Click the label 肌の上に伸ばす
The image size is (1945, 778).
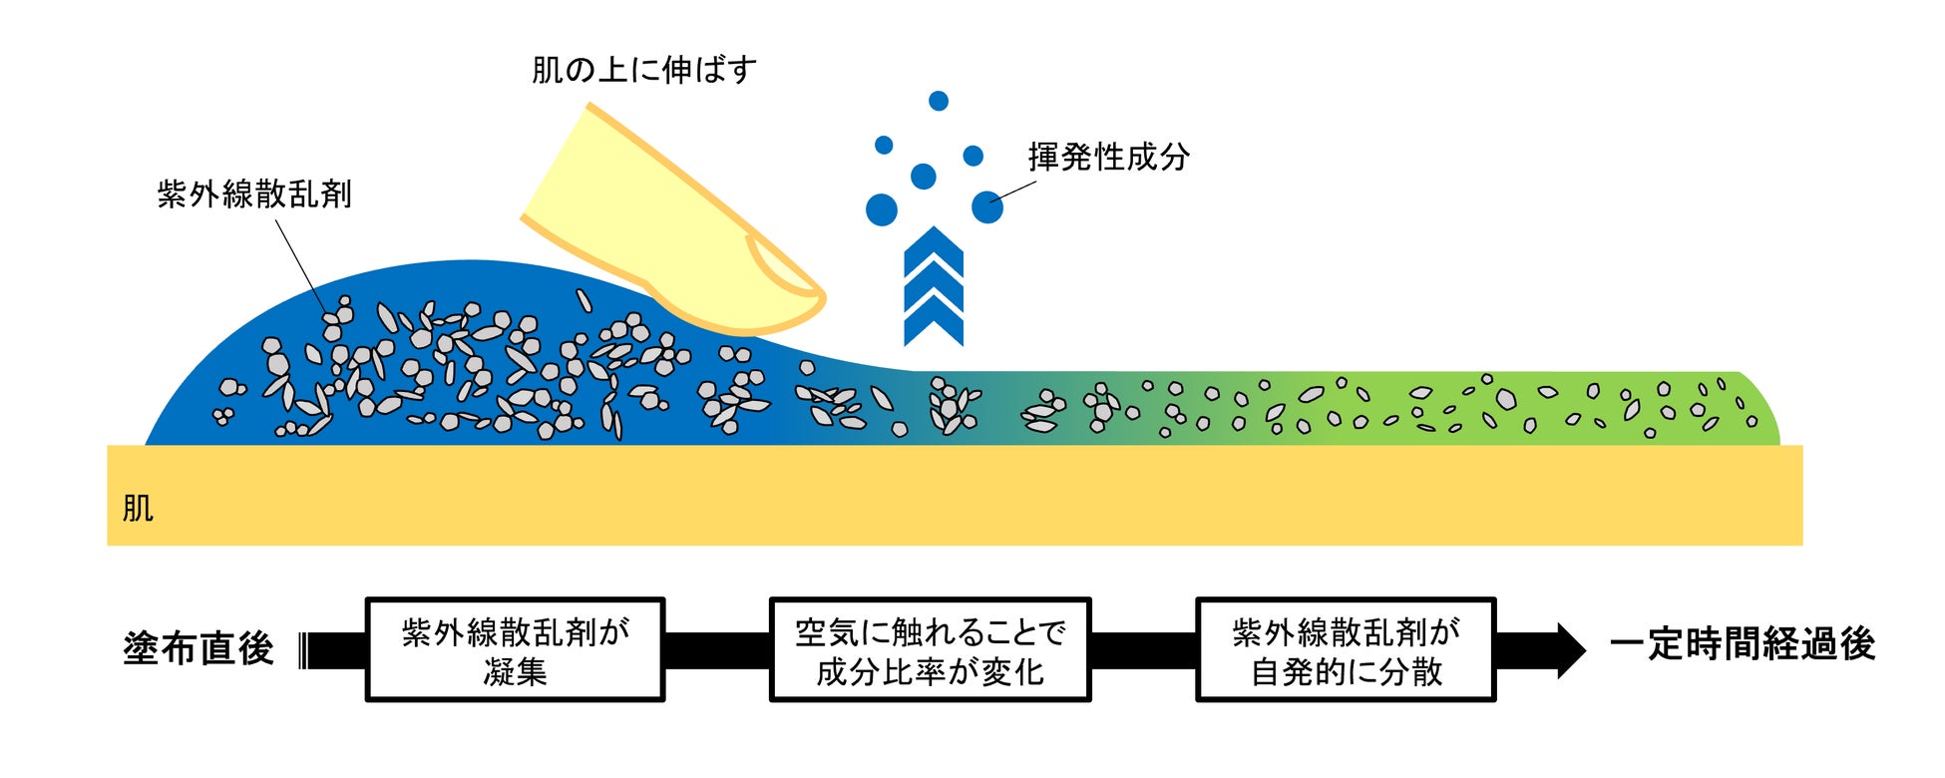(x=644, y=71)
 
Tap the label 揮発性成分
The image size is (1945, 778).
(x=1108, y=157)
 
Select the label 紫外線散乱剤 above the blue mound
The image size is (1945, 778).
(x=254, y=194)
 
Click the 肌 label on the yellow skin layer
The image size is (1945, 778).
(x=138, y=509)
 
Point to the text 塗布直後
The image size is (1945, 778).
(x=198, y=648)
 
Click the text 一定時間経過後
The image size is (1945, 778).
(x=1742, y=644)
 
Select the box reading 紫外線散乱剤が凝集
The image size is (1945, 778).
(x=515, y=650)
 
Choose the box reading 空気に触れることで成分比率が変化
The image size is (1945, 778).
(x=930, y=650)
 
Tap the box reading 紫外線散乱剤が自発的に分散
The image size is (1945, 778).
(x=1346, y=650)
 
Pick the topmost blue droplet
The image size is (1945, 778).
(x=938, y=101)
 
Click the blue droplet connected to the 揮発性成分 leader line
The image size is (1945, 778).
(x=986, y=207)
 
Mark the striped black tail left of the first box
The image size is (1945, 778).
(x=304, y=650)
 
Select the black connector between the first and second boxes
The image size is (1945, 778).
(x=717, y=650)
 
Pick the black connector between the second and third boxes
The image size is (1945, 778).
(x=1143, y=650)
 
